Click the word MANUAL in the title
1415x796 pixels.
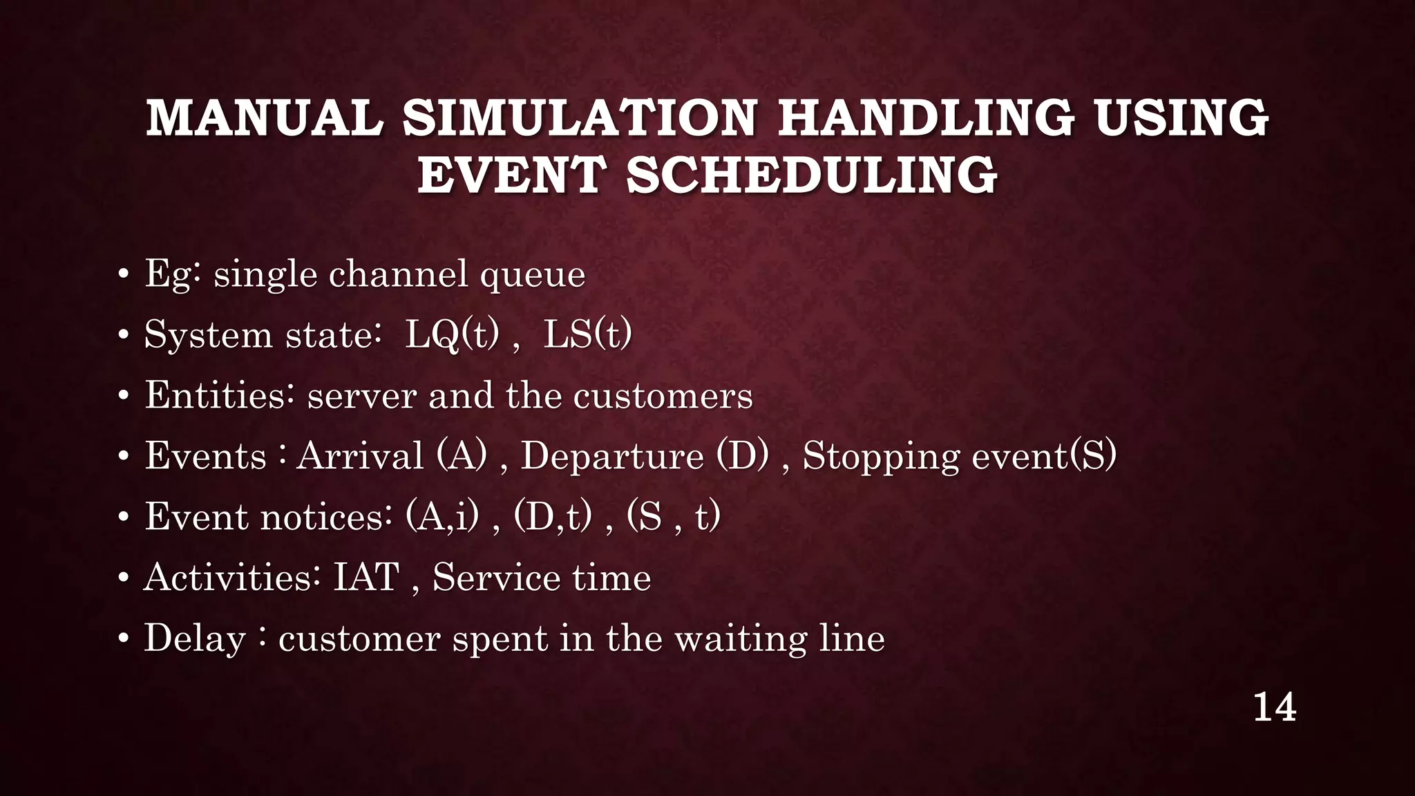(x=265, y=117)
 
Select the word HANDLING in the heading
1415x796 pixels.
(x=926, y=117)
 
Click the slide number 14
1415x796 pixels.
(x=1274, y=708)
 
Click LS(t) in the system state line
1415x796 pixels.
(x=587, y=335)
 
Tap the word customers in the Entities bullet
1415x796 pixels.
(x=663, y=396)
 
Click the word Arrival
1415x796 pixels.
(x=360, y=456)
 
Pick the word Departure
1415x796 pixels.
(x=612, y=456)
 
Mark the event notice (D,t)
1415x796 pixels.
(x=553, y=517)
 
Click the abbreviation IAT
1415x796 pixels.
(x=366, y=578)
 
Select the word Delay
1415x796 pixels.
(x=195, y=638)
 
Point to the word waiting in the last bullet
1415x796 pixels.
(x=740, y=640)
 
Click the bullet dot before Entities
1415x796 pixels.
(x=123, y=397)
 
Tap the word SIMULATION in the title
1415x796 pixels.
(x=580, y=117)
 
